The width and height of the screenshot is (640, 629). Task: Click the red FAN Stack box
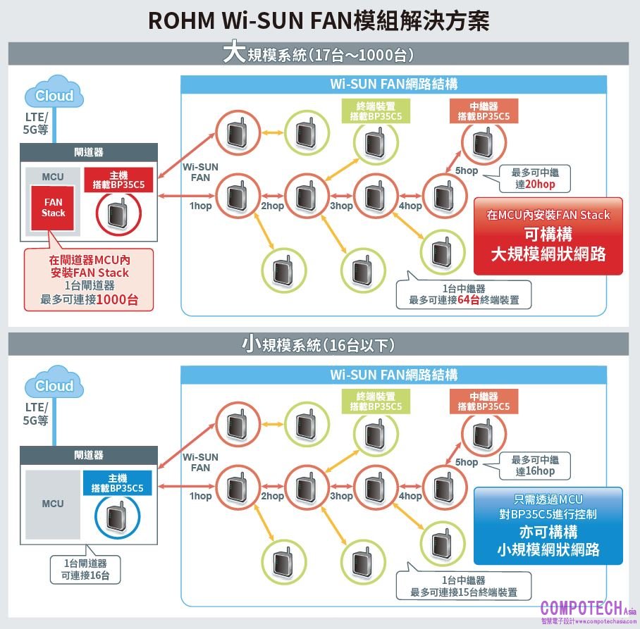tap(53, 208)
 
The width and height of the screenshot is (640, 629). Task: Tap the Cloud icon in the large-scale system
tap(54, 96)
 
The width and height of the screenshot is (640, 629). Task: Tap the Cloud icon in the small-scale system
tap(54, 386)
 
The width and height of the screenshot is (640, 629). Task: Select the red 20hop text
tap(542, 185)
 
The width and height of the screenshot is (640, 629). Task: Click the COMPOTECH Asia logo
tap(588, 611)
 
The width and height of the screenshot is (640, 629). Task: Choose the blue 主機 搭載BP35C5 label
tap(117, 483)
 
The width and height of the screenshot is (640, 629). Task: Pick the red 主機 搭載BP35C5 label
tap(118, 180)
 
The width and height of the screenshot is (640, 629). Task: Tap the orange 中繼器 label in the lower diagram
tap(483, 402)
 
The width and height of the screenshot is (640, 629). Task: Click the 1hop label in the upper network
tap(200, 206)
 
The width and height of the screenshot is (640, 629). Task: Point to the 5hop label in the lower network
tap(466, 462)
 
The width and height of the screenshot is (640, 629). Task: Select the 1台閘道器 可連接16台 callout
tap(85, 569)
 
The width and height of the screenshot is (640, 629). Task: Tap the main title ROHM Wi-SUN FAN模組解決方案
tap(319, 20)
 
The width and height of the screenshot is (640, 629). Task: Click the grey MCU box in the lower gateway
tap(52, 504)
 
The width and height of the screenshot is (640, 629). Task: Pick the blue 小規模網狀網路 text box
tap(548, 525)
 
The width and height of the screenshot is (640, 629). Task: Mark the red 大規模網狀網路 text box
tap(548, 235)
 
